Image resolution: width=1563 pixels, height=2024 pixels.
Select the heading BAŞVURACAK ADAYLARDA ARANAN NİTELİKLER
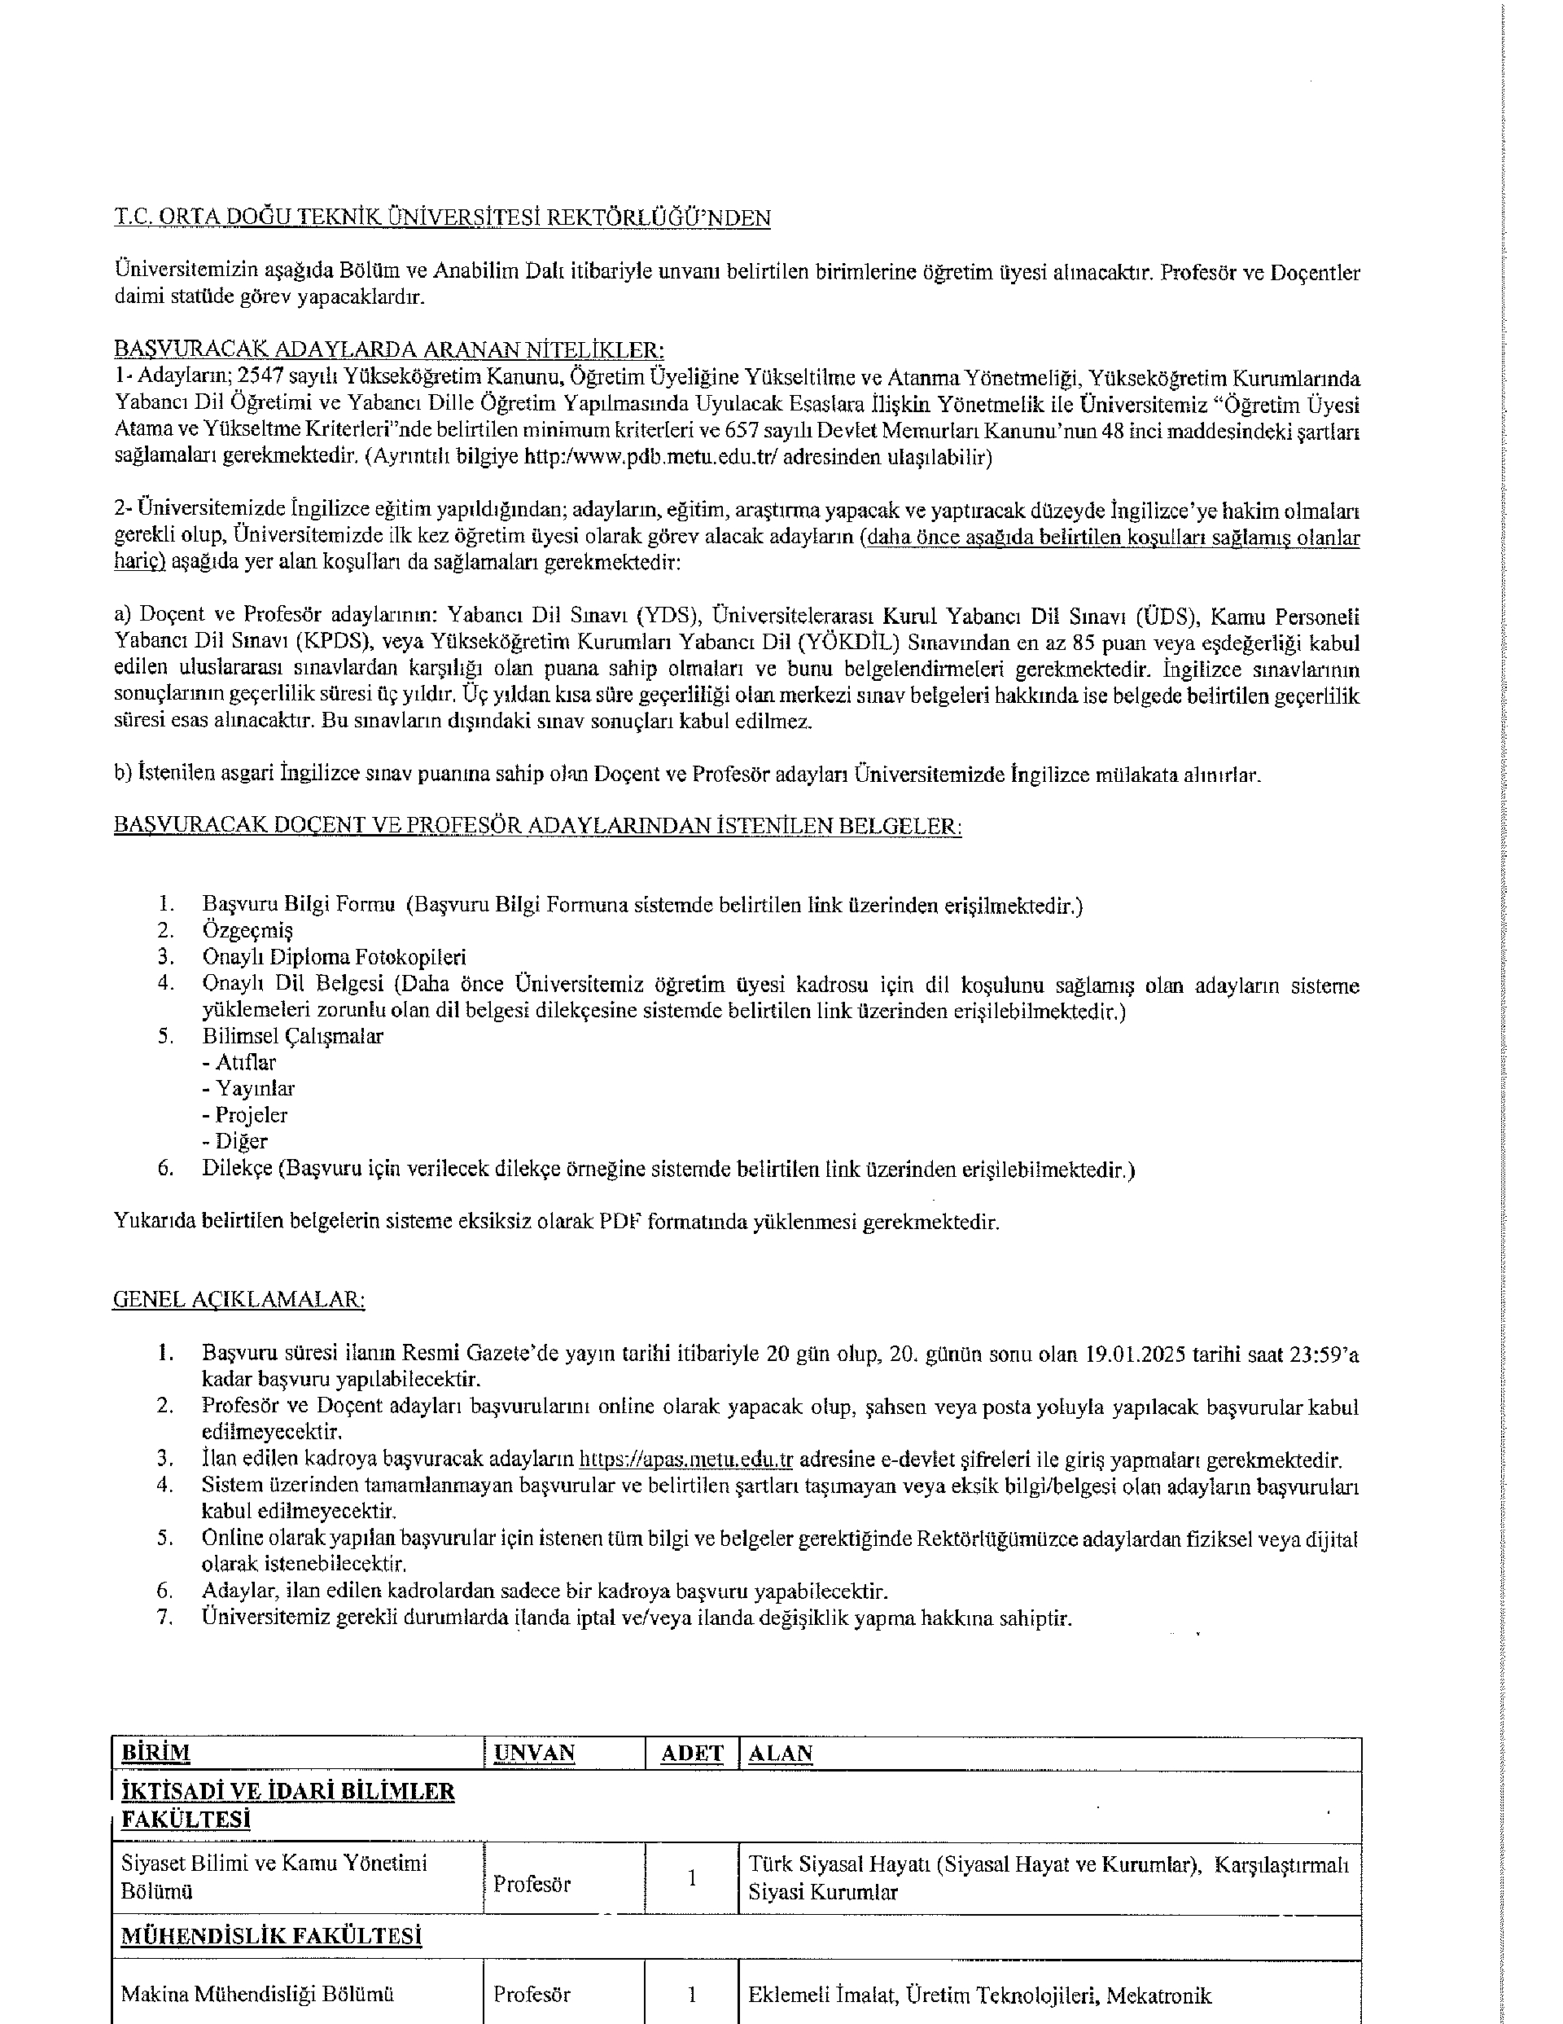point(389,349)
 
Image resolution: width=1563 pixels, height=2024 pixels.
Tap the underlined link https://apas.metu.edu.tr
point(685,1460)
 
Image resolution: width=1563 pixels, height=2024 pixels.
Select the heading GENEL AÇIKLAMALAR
point(239,1298)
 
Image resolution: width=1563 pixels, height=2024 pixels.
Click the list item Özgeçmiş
point(247,929)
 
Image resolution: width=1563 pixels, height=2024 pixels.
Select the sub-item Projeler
point(251,1115)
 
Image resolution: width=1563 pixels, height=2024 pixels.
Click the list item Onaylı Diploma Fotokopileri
point(335,956)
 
